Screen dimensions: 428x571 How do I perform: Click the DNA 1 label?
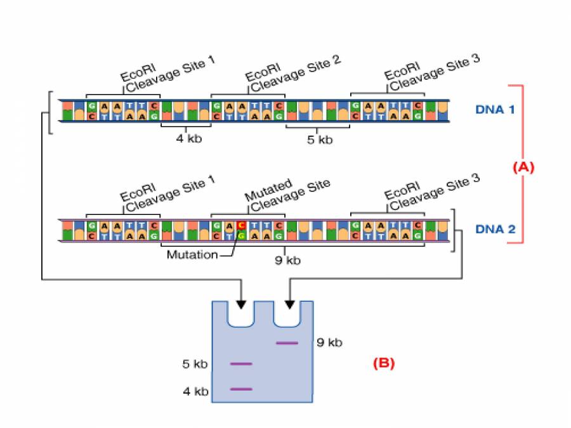coord(495,109)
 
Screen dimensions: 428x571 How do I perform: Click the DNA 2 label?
coord(495,230)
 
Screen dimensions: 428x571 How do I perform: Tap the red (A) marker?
coord(523,167)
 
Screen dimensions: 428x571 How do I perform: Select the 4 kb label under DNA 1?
coord(188,139)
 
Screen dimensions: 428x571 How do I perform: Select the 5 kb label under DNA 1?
coord(319,139)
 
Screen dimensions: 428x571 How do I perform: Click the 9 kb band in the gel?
coord(287,343)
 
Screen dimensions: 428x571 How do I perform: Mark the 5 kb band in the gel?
coord(241,364)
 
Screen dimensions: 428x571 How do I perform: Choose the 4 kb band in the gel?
coord(241,389)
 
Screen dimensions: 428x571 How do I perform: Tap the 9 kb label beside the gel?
coord(329,343)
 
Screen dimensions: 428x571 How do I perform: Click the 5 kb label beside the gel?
coord(195,365)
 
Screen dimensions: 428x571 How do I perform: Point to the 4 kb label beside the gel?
coord(195,391)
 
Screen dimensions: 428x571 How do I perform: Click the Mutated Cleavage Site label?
coord(289,193)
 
